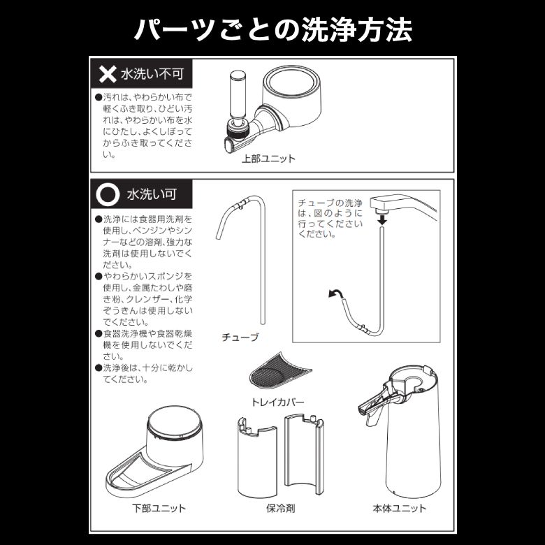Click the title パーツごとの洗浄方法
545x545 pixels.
tap(272, 30)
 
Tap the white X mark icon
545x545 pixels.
tap(108, 74)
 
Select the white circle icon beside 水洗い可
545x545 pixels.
tap(108, 194)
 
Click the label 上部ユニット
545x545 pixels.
tap(268, 159)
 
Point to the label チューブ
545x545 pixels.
tap(240, 337)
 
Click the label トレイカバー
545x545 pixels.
tap(277, 402)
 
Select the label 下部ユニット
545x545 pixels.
tap(159, 508)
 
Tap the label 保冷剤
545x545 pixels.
tap(280, 508)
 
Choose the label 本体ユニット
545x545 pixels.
tap(400, 508)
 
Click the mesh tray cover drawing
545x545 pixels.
tap(279, 372)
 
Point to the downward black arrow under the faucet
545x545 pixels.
tap(382, 219)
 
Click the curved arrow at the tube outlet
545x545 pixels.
tap(335, 294)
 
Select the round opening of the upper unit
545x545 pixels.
tap(291, 82)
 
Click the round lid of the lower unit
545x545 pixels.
tap(175, 421)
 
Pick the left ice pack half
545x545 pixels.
tap(256, 457)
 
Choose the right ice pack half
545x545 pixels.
tap(304, 453)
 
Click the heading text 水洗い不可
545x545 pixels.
tap(152, 74)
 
